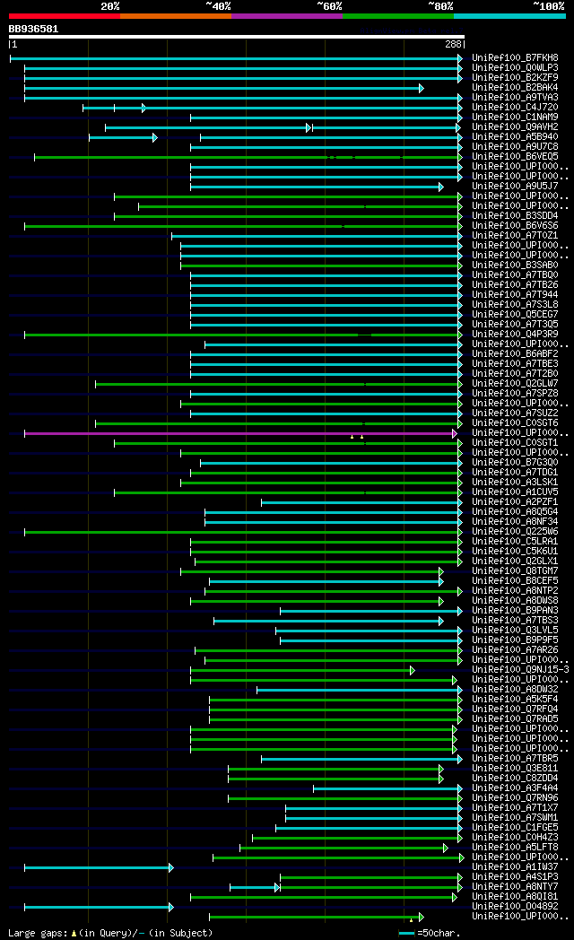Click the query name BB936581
click(33, 29)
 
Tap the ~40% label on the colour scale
click(218, 6)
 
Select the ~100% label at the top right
click(549, 6)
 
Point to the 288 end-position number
click(452, 43)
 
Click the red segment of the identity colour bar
click(64, 15)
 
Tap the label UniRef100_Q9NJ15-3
click(520, 670)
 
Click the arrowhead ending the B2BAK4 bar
click(421, 88)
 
